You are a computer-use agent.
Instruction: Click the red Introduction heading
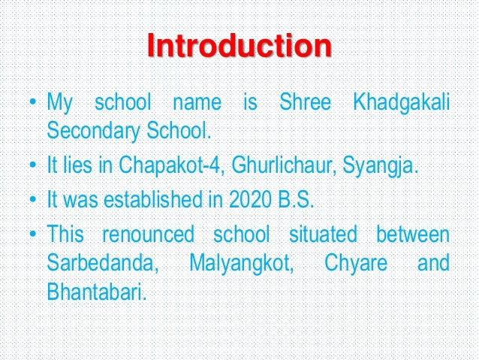(239, 47)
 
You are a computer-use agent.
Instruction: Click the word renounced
(147, 234)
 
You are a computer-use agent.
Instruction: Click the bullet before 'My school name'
(33, 101)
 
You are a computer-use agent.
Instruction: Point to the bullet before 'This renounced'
(33, 234)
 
